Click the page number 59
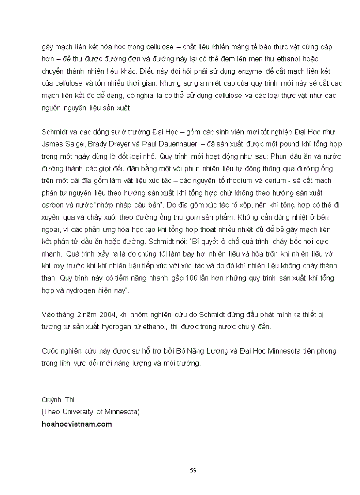193,470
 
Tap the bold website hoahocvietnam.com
76,424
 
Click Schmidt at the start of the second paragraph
55,132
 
